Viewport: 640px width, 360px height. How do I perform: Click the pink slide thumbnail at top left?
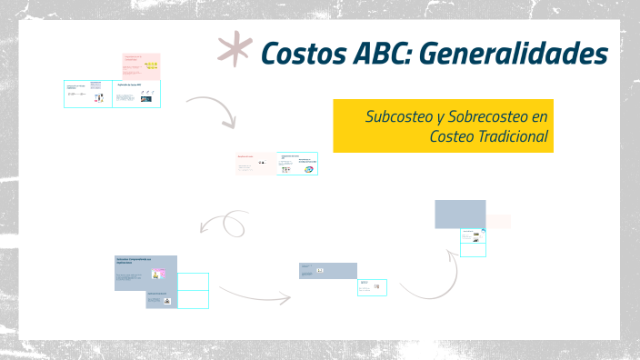click(141, 65)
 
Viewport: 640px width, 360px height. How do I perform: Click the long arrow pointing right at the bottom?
click(255, 293)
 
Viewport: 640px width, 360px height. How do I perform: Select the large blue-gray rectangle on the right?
click(460, 215)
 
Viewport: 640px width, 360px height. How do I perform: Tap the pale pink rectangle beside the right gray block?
click(498, 221)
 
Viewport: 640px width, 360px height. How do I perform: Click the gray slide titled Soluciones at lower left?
click(145, 272)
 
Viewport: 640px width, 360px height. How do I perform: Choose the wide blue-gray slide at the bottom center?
click(328, 270)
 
